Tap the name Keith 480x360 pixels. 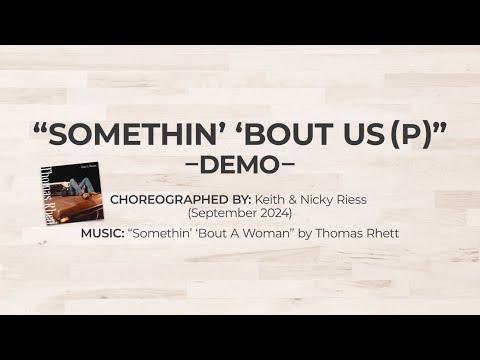(x=272, y=199)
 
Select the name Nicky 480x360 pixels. (x=321, y=199)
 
